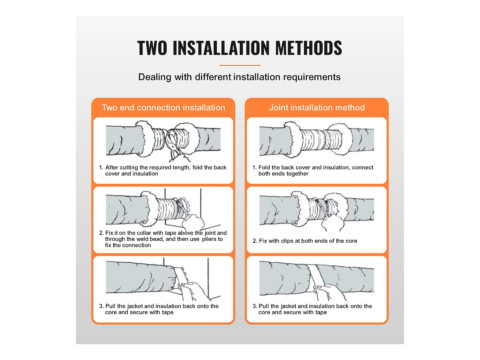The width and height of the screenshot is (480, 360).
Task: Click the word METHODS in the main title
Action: coord(309,48)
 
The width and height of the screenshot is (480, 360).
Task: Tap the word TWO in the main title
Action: coord(152,48)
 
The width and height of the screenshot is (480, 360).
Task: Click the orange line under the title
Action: coord(240,65)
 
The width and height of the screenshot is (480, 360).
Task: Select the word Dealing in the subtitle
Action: coord(155,77)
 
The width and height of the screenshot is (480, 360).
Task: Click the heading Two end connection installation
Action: coord(163,107)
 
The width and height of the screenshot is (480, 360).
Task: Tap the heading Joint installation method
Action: coord(317,107)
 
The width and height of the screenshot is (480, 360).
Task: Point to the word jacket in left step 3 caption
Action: coord(135,306)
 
